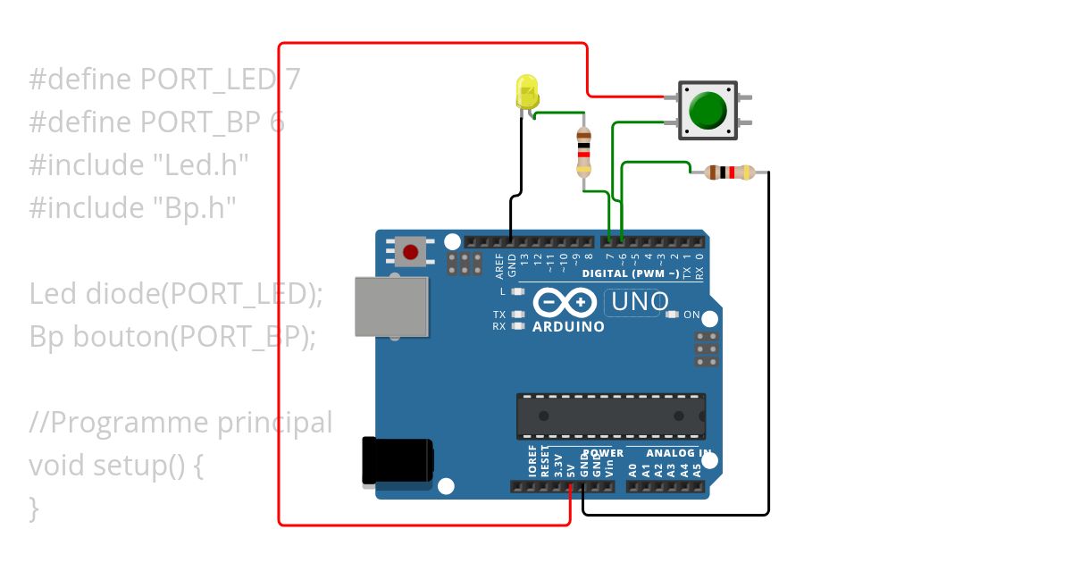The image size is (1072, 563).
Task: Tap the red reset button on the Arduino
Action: [x=411, y=250]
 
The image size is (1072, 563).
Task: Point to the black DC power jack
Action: [x=396, y=461]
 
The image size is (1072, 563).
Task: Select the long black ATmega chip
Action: [x=610, y=416]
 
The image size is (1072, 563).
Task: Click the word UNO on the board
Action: [x=638, y=303]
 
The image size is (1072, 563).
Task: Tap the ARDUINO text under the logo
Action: [x=568, y=327]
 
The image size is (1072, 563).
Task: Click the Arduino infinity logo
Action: [x=565, y=304]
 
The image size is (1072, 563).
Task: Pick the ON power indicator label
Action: [x=691, y=315]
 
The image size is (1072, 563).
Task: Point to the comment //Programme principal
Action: [x=180, y=423]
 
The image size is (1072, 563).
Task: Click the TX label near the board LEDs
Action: [x=499, y=315]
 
